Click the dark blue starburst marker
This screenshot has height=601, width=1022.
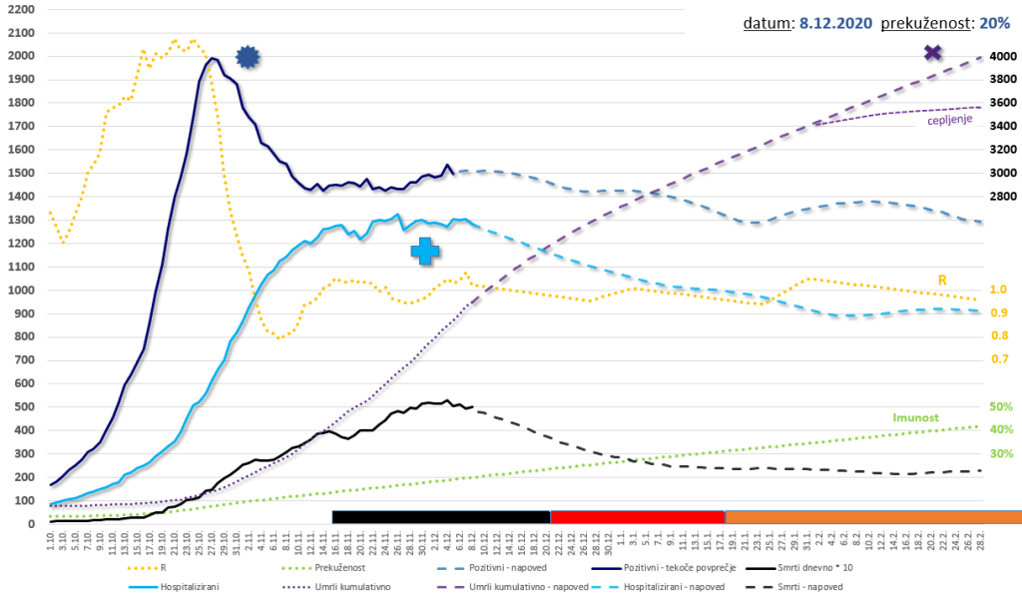click(248, 58)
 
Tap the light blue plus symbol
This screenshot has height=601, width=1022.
click(425, 251)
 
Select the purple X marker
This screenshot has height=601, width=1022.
click(933, 53)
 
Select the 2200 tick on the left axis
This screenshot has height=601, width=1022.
click(20, 9)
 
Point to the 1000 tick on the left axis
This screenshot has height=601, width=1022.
click(20, 291)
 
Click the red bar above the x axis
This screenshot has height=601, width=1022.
click(637, 516)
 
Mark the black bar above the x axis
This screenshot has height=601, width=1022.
click(441, 516)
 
